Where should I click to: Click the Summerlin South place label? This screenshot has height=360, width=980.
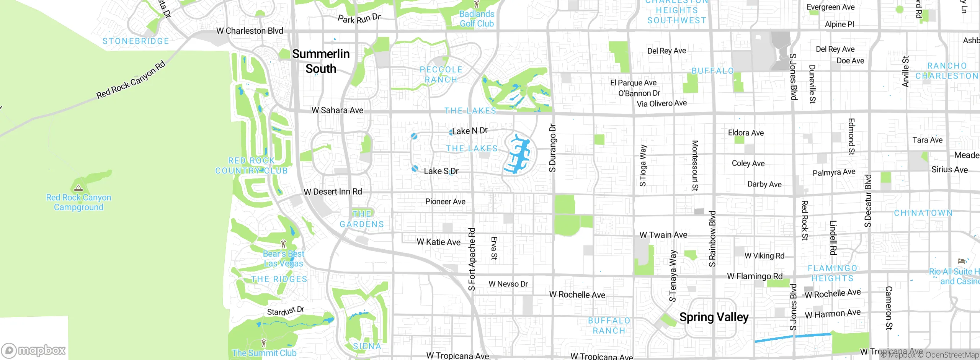321,61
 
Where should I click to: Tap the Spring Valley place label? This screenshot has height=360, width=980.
714,317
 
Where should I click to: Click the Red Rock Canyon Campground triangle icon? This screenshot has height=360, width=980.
78,188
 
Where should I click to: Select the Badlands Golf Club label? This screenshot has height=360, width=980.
477,19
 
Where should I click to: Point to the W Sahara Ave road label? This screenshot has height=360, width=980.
337,110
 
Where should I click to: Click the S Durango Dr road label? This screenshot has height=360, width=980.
552,147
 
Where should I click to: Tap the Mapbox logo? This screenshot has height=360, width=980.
34,350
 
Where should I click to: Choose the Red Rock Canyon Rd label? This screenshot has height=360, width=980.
131,80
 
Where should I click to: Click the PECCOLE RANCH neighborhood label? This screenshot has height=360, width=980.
441,75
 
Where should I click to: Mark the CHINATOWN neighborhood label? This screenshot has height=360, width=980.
923,213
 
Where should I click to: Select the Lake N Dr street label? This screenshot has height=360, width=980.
470,131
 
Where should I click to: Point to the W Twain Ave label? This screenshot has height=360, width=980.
663,235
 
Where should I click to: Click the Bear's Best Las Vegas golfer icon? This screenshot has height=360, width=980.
283,244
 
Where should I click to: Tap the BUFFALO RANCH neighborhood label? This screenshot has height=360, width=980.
609,326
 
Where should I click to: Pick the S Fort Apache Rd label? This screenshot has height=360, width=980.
472,259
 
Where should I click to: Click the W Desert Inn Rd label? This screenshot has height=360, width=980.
333,192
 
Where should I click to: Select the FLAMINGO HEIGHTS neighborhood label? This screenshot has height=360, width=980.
832,273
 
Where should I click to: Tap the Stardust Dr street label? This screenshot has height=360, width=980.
286,311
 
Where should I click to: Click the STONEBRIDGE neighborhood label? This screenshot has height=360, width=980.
136,41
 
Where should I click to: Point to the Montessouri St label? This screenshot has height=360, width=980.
695,165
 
